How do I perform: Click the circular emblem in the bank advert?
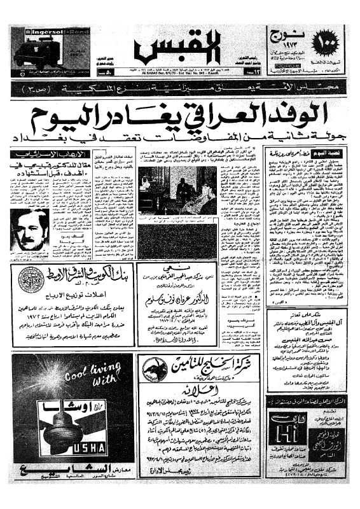coord(30,279)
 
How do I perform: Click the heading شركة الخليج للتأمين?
coord(210,364)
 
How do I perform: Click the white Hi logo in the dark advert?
coord(282,431)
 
